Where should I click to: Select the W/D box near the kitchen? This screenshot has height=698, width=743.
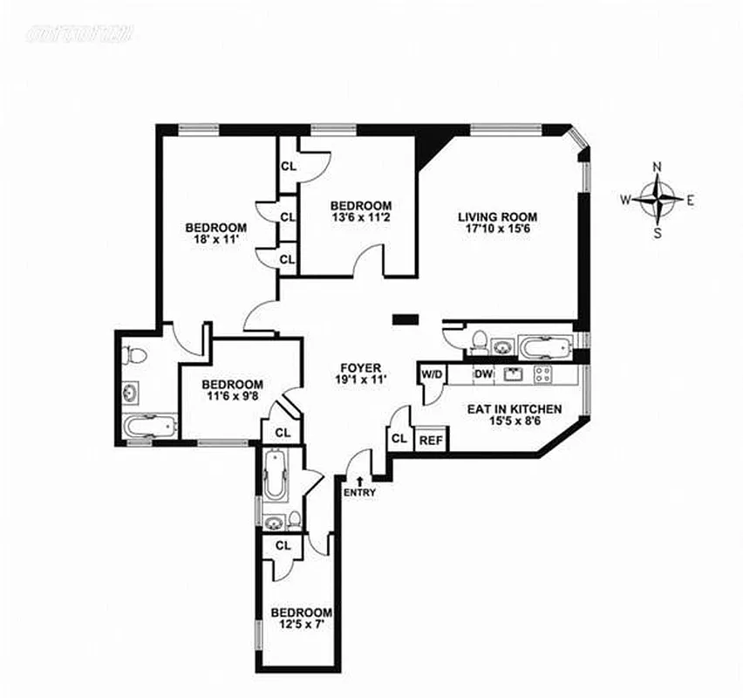[x=433, y=373]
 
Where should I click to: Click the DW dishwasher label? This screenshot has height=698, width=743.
[x=483, y=373]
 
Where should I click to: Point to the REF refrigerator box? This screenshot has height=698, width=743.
[x=431, y=441]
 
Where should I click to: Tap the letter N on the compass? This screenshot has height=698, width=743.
[x=658, y=167]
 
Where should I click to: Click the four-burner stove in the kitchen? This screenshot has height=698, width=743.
[x=542, y=374]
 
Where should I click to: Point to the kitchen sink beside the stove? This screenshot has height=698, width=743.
[x=512, y=374]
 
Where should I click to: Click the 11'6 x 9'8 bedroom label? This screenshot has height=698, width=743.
[x=232, y=396]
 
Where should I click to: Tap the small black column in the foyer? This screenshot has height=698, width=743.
[x=405, y=319]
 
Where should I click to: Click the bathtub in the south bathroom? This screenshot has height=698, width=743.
[x=274, y=476]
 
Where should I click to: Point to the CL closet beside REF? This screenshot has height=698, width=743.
[x=399, y=439]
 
